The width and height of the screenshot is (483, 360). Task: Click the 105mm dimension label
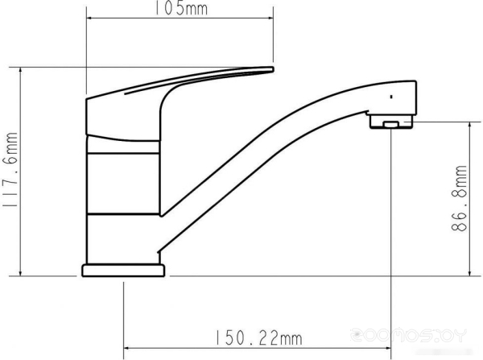pyautogui.click(x=180, y=8)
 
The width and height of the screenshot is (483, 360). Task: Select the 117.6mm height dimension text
pyautogui.click(x=10, y=170)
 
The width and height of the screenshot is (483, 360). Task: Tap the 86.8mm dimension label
pyautogui.click(x=459, y=198)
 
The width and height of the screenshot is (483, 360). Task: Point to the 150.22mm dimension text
pyautogui.click(x=258, y=337)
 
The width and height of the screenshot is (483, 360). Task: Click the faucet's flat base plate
pyautogui.click(x=123, y=271)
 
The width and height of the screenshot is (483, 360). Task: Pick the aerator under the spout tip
pyautogui.click(x=391, y=121)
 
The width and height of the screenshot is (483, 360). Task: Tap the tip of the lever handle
pyautogui.click(x=272, y=69)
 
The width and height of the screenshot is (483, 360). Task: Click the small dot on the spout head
pyautogui.click(x=391, y=97)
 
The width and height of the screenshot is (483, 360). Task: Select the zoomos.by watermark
pyautogui.click(x=409, y=335)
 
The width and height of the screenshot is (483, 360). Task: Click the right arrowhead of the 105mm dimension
pyautogui.click(x=270, y=18)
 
